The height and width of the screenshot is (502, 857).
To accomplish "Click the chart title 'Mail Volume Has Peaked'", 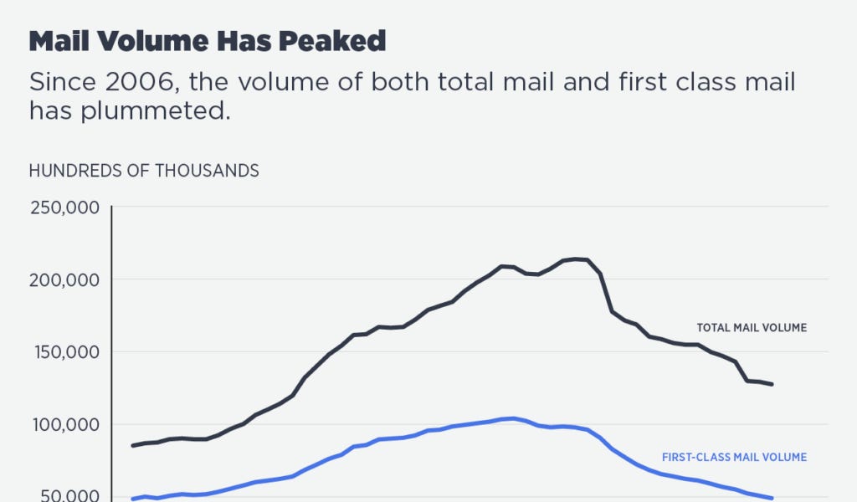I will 208,42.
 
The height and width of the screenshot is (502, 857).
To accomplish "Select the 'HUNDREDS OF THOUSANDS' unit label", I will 144,171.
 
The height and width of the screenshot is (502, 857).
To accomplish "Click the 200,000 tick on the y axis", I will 65,279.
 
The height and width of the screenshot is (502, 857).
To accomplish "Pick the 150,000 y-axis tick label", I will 65,352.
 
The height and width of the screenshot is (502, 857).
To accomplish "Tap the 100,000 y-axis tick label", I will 65,425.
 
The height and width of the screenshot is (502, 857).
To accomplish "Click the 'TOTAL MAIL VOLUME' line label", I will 752,328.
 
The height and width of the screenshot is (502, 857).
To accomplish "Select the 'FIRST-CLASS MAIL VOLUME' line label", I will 734,457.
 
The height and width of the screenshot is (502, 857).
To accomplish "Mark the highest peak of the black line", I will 575,259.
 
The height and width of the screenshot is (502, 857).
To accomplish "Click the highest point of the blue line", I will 512,417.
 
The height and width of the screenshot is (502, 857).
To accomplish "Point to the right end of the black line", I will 772,384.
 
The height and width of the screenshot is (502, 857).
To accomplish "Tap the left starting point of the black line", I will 132,445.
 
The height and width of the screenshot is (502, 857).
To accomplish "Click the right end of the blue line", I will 772,498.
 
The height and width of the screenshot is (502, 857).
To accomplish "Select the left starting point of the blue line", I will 132,499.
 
